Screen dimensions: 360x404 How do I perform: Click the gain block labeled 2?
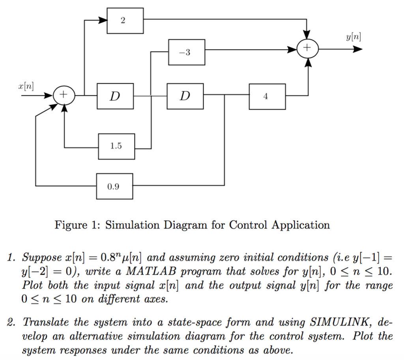125,21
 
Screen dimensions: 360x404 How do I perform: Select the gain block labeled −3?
186,52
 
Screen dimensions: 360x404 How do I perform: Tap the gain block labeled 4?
267,96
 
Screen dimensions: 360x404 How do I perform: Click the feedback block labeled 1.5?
116,146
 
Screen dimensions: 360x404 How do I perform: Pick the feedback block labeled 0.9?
114,186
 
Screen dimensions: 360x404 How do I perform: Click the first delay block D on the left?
115,96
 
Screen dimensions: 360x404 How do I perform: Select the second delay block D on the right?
185,96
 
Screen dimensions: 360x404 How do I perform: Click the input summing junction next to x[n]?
64,96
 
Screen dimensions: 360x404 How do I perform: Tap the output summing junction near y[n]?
307,49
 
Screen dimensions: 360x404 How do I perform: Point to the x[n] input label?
26,86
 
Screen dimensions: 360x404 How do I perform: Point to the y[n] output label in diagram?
353,37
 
